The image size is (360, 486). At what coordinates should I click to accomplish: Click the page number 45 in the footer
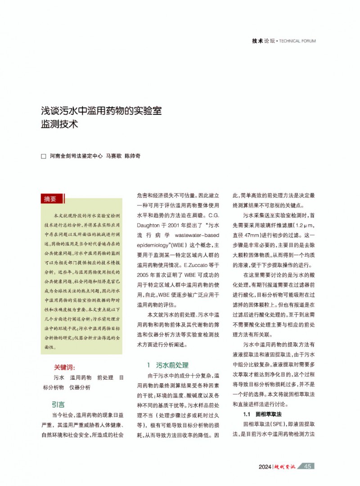coord(308,466)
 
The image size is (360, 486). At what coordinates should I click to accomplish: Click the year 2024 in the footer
coord(265,467)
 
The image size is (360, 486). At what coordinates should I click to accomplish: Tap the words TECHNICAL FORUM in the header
coord(297,41)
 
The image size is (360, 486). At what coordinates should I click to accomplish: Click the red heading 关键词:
coord(65,367)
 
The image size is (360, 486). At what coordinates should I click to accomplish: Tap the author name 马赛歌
coord(113,156)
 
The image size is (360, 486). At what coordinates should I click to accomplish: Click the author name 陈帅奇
coord(132,156)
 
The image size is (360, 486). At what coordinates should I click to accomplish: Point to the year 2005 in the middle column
coord(145,274)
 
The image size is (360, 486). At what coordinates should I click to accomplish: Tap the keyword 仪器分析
coord(80,387)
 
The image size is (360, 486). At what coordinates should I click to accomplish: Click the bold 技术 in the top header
coord(257,41)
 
